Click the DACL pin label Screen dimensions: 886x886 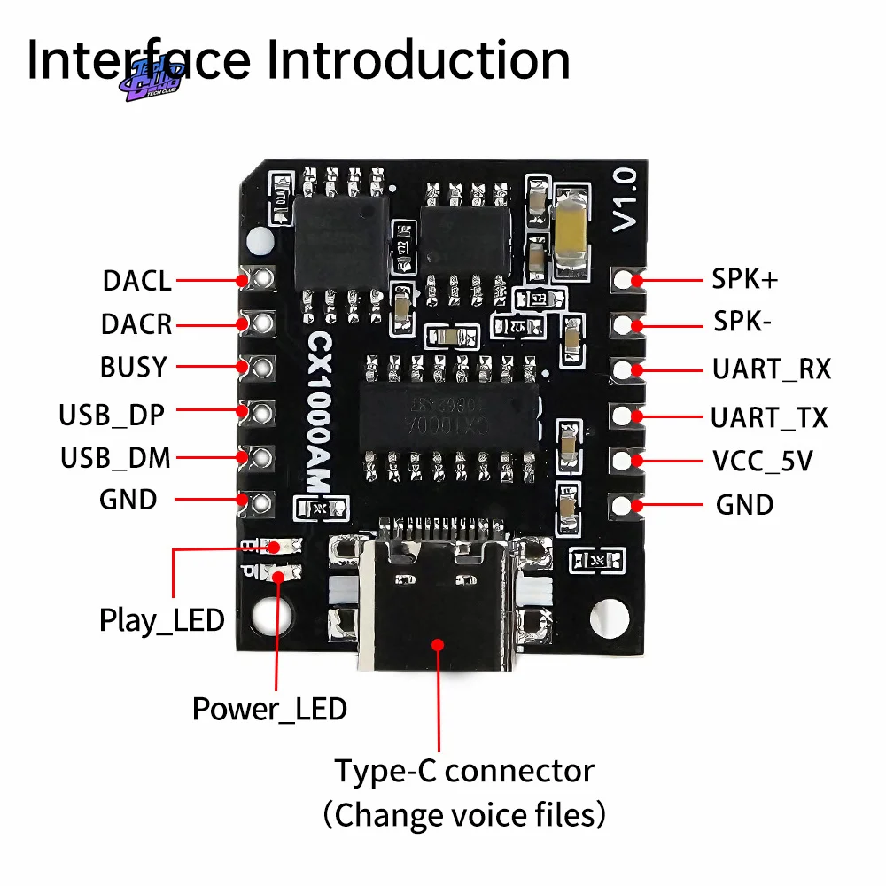coord(136,281)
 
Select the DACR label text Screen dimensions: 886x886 coord(136,324)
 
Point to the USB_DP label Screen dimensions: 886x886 coord(113,414)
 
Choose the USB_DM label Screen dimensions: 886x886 coord(115,458)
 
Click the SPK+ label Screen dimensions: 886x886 coord(745,279)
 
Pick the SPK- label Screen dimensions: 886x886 coord(742,322)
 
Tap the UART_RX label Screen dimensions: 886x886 coord(772,369)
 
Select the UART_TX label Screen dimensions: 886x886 coord(769,416)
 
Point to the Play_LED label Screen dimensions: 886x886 coord(161,620)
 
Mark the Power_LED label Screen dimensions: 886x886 coord(269,709)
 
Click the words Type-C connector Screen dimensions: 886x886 coord(464,771)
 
